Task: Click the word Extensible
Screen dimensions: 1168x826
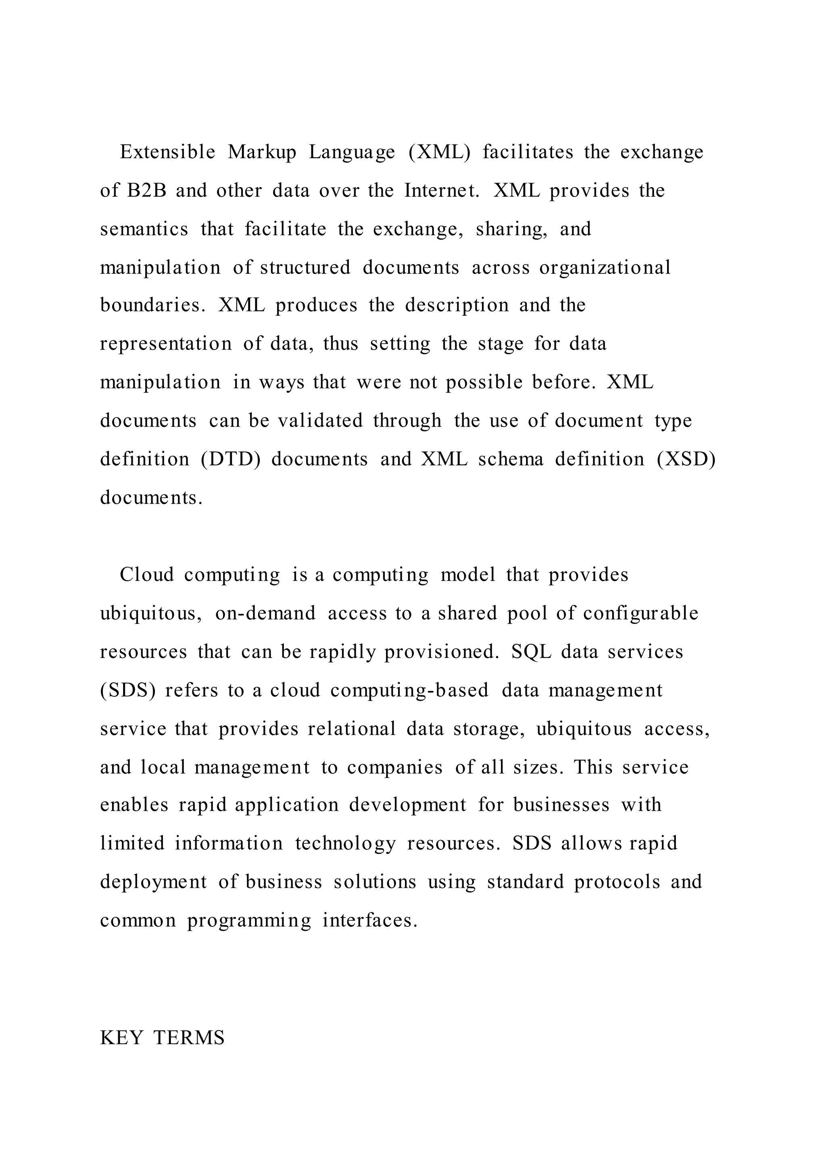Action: pos(167,152)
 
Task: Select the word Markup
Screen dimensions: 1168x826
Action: pos(262,152)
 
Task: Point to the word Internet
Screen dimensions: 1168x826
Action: pos(442,191)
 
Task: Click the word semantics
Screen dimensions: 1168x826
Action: pos(144,229)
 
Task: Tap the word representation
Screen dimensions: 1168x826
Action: pos(166,344)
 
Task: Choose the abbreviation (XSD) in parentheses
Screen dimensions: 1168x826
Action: pos(686,459)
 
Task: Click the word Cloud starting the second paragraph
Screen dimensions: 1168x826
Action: pos(146,575)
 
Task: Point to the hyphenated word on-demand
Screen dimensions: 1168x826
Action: pos(265,613)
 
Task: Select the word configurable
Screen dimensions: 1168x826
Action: pos(640,613)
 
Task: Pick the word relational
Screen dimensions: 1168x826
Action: pos(351,729)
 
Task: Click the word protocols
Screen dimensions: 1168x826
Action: pos(617,882)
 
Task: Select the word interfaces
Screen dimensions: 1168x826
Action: pos(370,921)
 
